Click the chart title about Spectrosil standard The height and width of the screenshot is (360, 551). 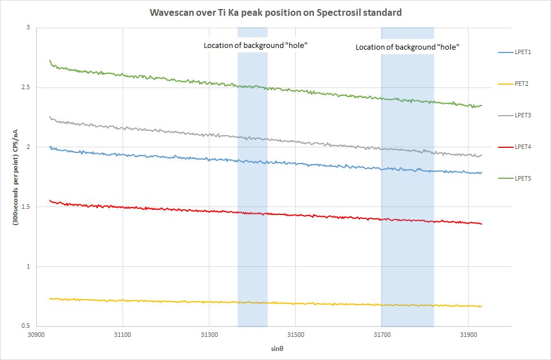[275, 12]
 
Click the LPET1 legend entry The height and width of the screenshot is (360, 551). [524, 52]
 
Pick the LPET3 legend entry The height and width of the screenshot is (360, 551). [524, 115]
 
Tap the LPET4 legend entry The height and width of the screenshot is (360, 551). [524, 147]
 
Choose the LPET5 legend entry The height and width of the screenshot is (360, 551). [524, 178]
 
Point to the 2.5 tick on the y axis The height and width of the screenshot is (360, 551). [26, 87]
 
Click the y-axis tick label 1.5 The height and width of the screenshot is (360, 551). [26, 207]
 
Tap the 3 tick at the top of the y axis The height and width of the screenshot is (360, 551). [29, 28]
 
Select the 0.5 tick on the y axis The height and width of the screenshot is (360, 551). [26, 326]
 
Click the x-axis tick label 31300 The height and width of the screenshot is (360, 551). [209, 335]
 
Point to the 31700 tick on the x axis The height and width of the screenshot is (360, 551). [382, 335]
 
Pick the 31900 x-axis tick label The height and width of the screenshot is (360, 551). [468, 335]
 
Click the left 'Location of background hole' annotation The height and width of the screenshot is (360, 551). [255, 45]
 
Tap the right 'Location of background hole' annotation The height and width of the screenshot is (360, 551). [407, 47]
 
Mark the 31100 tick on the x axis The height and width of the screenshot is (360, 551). [123, 335]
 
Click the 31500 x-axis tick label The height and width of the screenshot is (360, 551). [295, 335]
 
